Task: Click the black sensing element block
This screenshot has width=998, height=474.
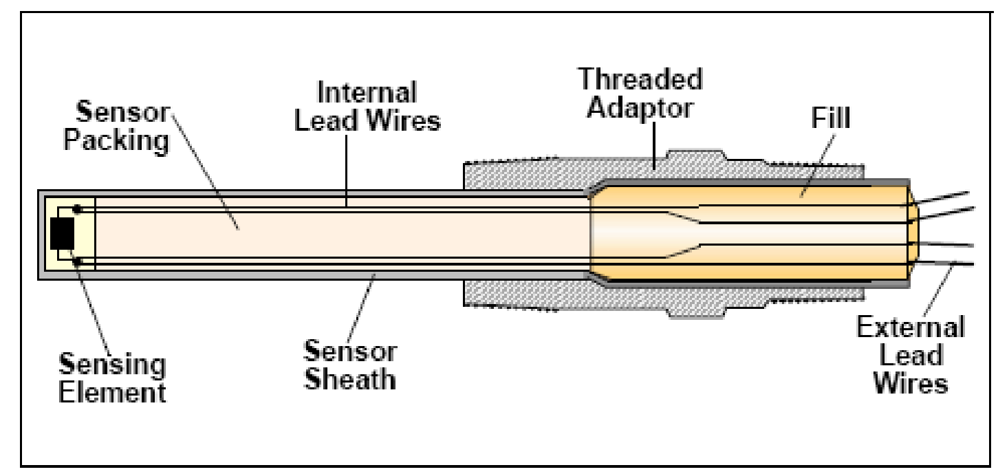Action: [62, 234]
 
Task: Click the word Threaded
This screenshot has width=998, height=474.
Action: [640, 80]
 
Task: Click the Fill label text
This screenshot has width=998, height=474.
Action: [829, 118]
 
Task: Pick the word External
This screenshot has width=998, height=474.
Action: [909, 329]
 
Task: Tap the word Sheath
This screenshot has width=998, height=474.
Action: [350, 379]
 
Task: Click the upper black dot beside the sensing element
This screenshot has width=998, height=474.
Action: [78, 208]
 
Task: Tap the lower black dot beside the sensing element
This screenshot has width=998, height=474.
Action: [78, 261]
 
